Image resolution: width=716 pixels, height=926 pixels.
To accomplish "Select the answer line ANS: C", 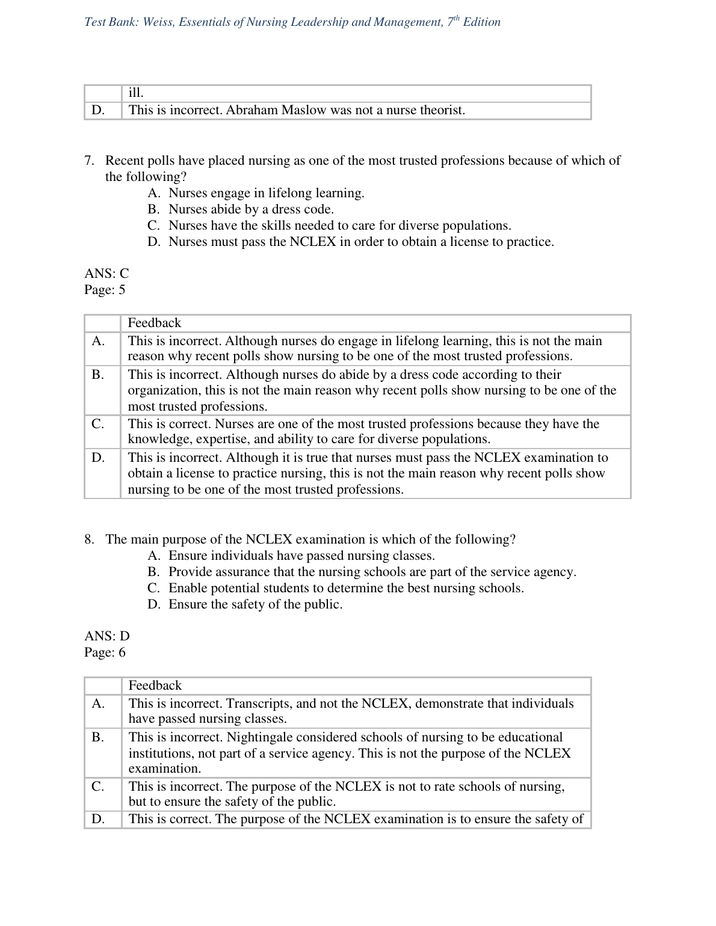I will pos(106,274).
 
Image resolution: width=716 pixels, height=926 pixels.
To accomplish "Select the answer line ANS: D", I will pos(107,636).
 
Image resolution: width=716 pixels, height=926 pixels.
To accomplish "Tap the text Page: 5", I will pos(105,290).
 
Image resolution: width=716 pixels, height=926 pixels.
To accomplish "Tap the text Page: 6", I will pos(105,652).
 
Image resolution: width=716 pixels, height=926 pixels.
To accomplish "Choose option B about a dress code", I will pos(251,209).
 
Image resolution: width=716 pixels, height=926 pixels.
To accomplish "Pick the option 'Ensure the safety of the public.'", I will pos(255,604).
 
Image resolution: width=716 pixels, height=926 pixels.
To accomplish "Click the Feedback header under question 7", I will pos(154,323).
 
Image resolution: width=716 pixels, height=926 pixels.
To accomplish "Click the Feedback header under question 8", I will pos(155,685).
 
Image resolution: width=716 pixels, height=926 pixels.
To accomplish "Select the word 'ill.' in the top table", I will pos(136,93).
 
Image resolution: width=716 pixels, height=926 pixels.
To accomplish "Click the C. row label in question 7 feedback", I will pos(98,424).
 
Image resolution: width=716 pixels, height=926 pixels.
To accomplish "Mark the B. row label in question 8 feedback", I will pos(98,737).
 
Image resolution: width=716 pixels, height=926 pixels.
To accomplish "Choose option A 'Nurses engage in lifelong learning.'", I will pos(266,193).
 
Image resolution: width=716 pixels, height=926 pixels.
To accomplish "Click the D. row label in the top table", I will pos(98,110).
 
